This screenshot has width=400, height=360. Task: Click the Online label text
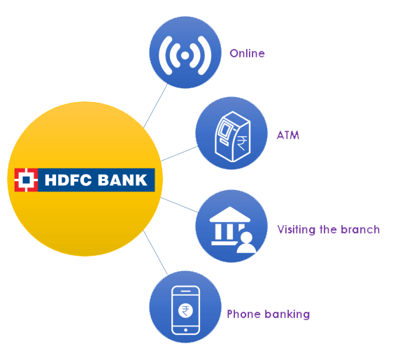[247, 53]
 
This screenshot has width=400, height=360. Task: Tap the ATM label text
[287, 135]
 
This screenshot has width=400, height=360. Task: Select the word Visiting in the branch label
[297, 229]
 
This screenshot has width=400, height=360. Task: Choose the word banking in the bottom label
[287, 315]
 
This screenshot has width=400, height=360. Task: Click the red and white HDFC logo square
[26, 180]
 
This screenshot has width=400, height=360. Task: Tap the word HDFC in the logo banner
[68, 180]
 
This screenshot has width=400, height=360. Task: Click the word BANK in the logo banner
[122, 180]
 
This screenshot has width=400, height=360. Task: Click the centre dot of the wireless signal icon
[185, 55]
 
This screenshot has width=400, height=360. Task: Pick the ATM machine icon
[232, 136]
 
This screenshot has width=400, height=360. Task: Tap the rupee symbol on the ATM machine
[242, 143]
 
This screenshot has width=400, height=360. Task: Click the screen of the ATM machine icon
[224, 129]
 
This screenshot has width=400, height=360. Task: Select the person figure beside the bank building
[246, 243]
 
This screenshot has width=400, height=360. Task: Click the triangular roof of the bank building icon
[230, 214]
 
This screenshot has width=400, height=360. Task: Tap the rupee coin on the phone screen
[185, 311]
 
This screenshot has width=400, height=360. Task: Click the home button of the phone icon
[185, 330]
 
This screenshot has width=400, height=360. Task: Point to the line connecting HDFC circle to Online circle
[155, 106]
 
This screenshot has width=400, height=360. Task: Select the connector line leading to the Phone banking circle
[155, 252]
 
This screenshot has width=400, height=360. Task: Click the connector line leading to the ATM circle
[179, 154]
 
